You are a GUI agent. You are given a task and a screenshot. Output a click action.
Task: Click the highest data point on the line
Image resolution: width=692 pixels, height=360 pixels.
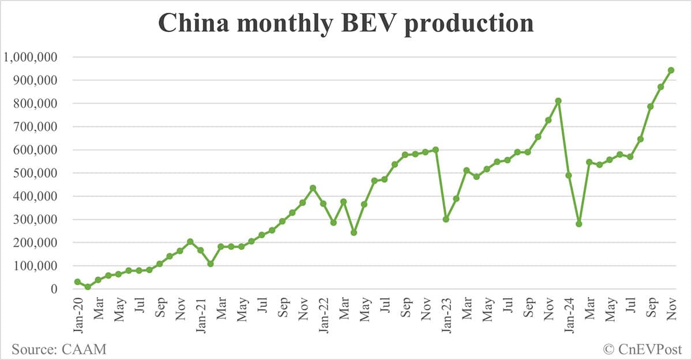pos(671,70)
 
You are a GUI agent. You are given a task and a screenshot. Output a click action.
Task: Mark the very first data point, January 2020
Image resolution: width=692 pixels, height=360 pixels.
pos(77,282)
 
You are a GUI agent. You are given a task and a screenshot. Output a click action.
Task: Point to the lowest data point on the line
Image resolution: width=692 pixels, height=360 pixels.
pos(88,287)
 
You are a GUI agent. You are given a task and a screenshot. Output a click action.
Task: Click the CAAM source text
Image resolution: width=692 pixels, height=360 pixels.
pos(59,348)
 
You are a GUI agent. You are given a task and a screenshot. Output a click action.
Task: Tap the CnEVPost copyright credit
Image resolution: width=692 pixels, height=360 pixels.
pos(642,348)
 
